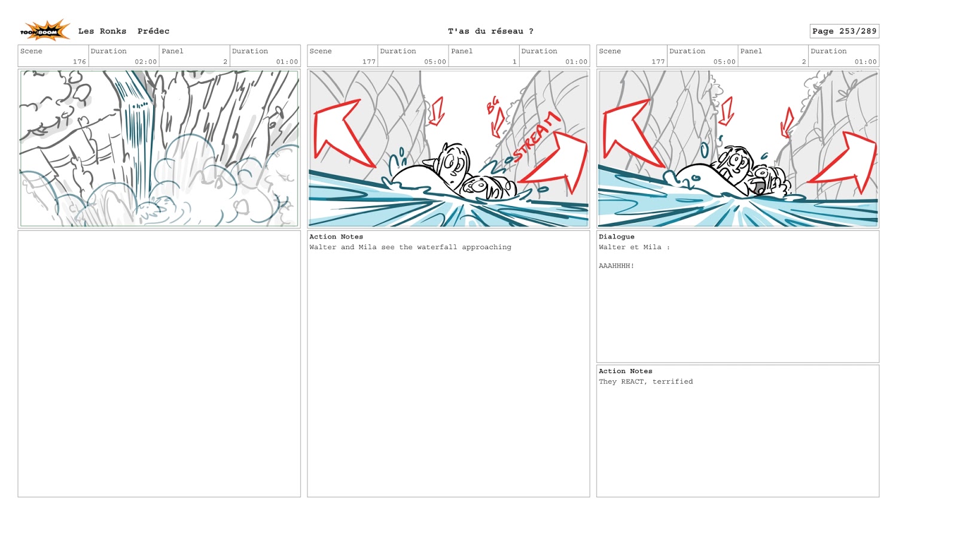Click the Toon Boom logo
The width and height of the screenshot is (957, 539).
45,31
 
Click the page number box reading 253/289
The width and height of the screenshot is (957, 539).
844,31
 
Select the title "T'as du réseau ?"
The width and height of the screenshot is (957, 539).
490,31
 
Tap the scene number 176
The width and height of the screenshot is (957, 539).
80,62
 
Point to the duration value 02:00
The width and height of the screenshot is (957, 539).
146,62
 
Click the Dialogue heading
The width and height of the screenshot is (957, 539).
616,237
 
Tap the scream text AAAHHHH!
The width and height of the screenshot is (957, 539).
616,266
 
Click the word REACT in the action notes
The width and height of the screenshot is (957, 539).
632,381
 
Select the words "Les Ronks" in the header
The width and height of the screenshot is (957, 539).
102,31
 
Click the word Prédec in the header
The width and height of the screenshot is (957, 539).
153,31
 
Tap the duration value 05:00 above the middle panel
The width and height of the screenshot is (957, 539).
435,62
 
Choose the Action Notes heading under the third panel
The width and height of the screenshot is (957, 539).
625,371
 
